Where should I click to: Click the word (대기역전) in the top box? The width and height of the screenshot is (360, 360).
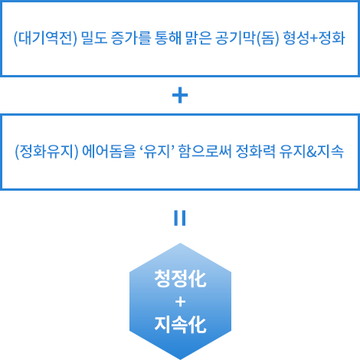45,38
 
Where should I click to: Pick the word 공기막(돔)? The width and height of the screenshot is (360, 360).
247,38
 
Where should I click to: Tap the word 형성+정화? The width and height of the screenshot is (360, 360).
314,38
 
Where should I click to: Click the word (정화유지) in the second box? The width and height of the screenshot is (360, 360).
47,152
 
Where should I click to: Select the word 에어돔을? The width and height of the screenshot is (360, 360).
109,152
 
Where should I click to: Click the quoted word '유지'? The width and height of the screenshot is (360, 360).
157,151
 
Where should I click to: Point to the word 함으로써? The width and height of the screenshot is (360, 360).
205,152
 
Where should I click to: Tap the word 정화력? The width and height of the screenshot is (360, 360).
255,152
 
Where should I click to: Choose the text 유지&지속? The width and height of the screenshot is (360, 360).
311,152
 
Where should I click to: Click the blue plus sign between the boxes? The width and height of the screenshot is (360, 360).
180,95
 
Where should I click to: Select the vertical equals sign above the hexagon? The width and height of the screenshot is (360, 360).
180,218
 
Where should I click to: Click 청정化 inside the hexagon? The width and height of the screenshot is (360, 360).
180,279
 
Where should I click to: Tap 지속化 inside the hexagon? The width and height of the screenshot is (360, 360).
180,324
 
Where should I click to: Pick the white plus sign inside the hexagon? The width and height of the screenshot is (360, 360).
180,302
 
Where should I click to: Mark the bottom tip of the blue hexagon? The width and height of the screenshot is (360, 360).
180,359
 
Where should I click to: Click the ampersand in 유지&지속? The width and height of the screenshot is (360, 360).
311,152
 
